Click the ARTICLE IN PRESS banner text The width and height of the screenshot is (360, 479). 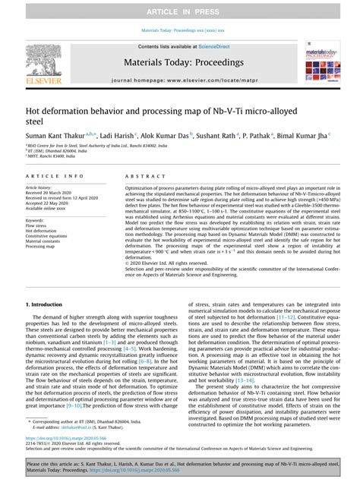click(x=179, y=12)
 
